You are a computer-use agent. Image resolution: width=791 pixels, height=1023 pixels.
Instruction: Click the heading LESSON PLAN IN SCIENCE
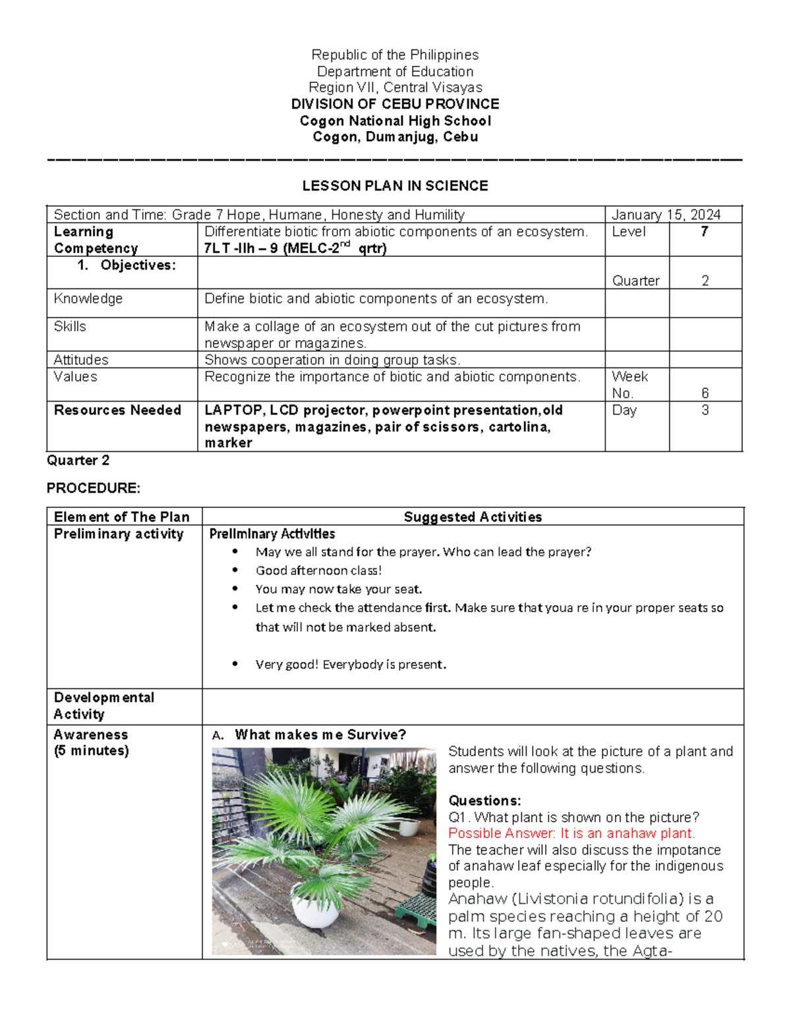coord(395,186)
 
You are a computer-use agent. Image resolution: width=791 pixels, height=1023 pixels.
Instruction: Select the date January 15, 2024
coord(666,215)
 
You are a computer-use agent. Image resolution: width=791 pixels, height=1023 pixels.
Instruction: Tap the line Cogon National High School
coord(395,121)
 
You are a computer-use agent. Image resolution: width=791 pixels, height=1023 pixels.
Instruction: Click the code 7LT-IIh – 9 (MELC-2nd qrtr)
coord(295,248)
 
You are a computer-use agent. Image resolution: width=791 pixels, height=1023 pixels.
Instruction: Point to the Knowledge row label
coord(88,298)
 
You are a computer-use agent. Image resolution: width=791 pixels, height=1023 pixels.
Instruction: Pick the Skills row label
coord(70,327)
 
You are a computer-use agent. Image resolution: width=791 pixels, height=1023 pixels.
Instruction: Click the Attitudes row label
coord(81,360)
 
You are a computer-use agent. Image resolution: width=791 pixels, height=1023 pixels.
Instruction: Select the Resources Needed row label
coord(117,410)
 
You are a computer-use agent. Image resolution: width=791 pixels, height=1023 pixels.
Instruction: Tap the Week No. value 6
coord(705,393)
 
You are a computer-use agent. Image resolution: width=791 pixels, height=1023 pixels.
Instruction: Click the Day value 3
coord(705,410)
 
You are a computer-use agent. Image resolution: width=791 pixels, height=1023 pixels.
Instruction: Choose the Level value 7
coord(705,232)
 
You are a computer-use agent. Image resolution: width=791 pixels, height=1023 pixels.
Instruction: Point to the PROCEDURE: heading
coord(93,488)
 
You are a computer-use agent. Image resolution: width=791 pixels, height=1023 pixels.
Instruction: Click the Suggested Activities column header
coord(473,517)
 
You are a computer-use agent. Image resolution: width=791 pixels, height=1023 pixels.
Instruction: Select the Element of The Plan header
coord(122,517)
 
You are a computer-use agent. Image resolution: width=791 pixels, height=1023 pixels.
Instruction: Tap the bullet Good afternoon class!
coord(318,570)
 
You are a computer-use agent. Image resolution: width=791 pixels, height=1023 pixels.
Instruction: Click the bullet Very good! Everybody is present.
coord(351,664)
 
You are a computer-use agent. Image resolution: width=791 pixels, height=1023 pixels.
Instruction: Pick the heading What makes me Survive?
coord(320,734)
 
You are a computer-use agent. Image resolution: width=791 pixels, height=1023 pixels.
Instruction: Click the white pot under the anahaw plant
coord(316,912)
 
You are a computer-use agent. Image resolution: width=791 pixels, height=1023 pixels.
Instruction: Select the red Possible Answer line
coord(571,833)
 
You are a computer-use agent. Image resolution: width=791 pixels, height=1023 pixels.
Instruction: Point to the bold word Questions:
coord(484,800)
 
